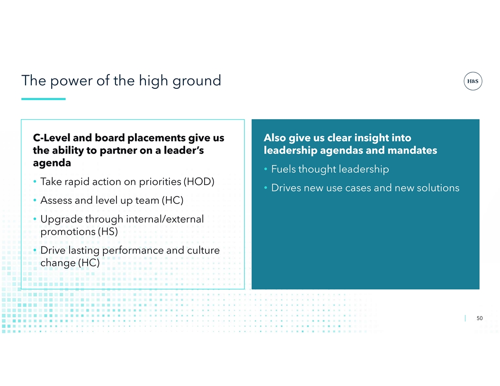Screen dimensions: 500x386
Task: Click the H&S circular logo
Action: tap(473, 81)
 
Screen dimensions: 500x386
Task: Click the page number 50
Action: tap(480, 318)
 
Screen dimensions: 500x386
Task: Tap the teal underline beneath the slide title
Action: tap(44, 99)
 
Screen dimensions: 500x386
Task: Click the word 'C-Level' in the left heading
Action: tap(51, 138)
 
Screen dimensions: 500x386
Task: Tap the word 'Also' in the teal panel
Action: tap(275, 138)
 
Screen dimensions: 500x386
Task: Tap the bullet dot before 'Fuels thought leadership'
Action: tap(266, 169)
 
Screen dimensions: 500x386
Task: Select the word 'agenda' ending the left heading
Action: tap(52, 163)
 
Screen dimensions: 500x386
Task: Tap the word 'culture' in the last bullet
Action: tap(204, 250)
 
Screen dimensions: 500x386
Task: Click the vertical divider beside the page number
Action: tap(465, 318)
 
